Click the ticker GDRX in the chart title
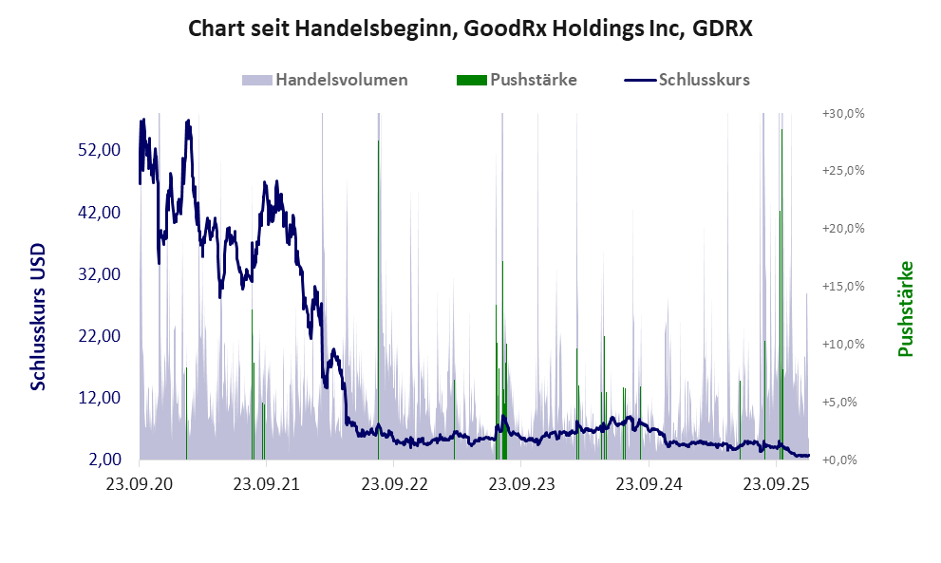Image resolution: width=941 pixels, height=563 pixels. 722,28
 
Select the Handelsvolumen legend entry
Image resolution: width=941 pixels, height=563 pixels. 341,80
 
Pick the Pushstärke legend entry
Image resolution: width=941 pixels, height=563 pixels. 534,80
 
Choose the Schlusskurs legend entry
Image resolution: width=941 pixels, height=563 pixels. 704,80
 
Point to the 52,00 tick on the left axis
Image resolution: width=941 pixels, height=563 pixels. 97,150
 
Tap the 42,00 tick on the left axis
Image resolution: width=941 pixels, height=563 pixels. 97,212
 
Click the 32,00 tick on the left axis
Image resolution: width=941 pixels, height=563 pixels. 97,273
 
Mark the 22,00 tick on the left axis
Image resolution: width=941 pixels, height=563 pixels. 97,335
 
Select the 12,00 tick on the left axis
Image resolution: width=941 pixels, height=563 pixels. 97,397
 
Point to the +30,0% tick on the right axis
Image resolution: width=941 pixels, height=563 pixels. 842,113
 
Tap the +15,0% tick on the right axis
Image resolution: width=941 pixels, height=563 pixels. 842,286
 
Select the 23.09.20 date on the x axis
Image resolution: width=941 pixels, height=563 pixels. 140,483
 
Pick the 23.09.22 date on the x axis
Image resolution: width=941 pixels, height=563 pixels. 394,483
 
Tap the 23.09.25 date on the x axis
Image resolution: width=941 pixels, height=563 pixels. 777,483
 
